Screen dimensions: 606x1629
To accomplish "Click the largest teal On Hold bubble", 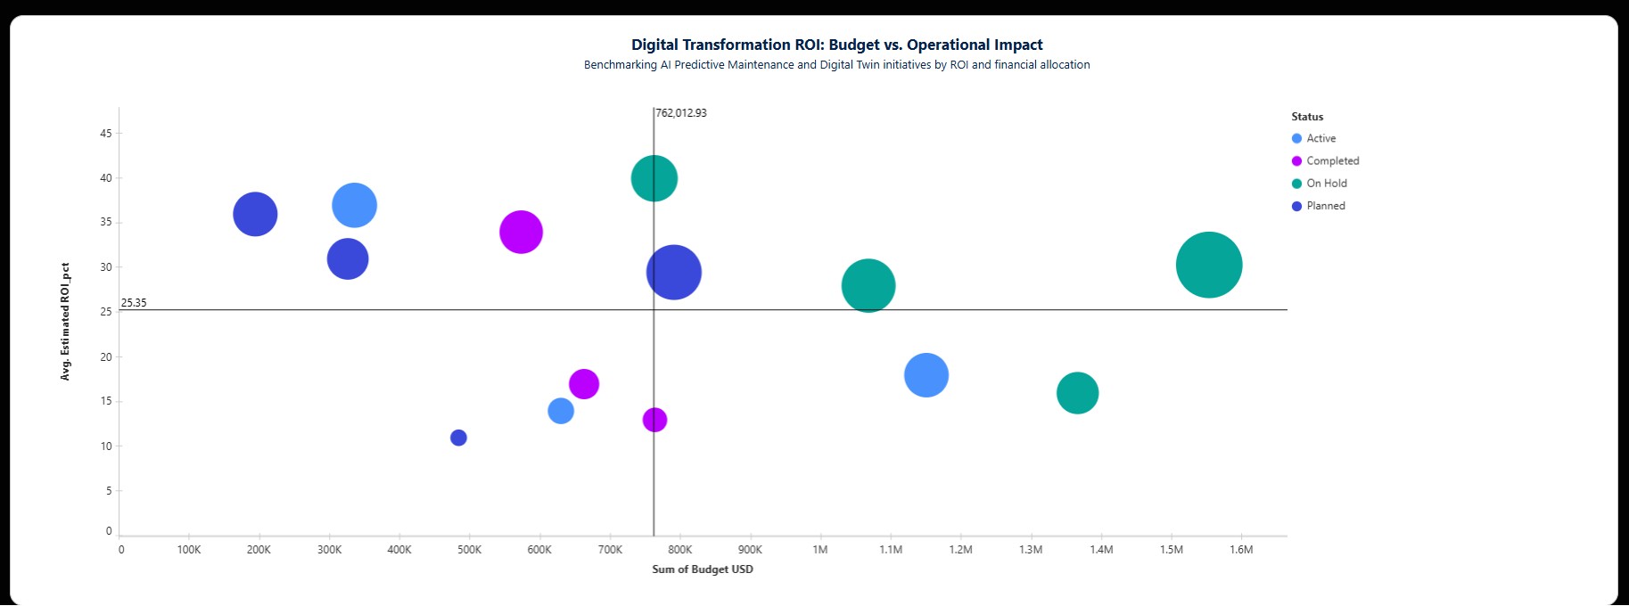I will pyautogui.click(x=1208, y=265).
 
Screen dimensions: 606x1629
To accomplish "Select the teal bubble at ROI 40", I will pyautogui.click(x=654, y=178).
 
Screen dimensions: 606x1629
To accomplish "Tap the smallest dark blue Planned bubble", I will pyautogui.click(x=458, y=438).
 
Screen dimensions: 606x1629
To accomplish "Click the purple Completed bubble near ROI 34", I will pyautogui.click(x=521, y=232).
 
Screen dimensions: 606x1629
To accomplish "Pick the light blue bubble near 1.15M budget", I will pyautogui.click(x=926, y=375).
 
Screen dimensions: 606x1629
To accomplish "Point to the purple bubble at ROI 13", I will pyautogui.click(x=654, y=420).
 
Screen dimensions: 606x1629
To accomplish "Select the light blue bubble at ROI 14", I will pyautogui.click(x=560, y=411).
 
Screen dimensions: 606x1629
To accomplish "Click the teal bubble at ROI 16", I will pyautogui.click(x=1077, y=393).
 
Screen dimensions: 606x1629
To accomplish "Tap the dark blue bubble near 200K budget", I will pyautogui.click(x=255, y=214).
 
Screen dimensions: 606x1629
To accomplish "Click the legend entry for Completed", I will pyautogui.click(x=1332, y=161).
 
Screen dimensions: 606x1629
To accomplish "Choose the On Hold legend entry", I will pyautogui.click(x=1326, y=184).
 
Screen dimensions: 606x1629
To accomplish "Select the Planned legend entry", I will pyautogui.click(x=1325, y=206).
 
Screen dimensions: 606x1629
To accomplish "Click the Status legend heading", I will pyautogui.click(x=1307, y=117).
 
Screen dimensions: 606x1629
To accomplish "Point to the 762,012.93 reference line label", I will pyautogui.click(x=681, y=113).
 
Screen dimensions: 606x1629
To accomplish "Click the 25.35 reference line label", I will pyautogui.click(x=134, y=303).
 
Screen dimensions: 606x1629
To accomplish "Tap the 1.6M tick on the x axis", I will pyautogui.click(x=1241, y=550).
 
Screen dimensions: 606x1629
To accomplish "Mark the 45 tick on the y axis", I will pyautogui.click(x=106, y=134).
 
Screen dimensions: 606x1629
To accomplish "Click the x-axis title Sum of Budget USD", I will pyautogui.click(x=703, y=569).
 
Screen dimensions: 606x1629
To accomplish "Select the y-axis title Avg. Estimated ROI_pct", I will pyautogui.click(x=65, y=322).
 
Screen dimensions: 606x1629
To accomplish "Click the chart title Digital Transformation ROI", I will pyautogui.click(x=836, y=45).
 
